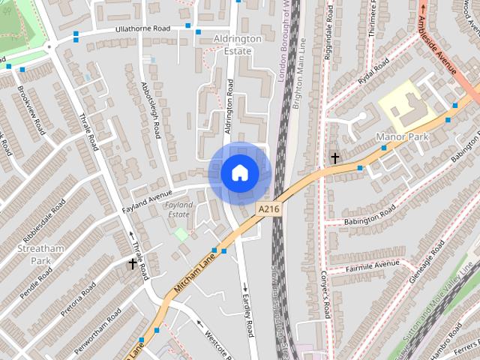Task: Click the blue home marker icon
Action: click(240, 173)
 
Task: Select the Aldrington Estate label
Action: click(237, 44)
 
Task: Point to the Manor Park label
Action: click(395, 138)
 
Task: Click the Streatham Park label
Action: click(36, 254)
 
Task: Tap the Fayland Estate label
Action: click(178, 209)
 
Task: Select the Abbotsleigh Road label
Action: click(151, 109)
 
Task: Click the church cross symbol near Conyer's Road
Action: click(334, 158)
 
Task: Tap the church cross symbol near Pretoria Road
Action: click(133, 263)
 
